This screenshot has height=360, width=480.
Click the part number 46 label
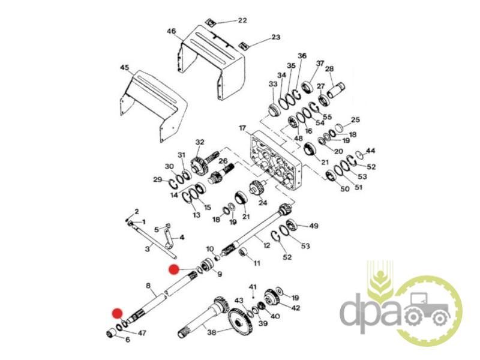[x=172, y=31]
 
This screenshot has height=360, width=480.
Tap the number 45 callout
[x=125, y=68]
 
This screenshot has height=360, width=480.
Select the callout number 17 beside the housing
[x=242, y=128]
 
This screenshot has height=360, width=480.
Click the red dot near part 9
[x=174, y=269]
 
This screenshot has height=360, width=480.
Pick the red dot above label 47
[x=117, y=313]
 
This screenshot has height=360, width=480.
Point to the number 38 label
[x=212, y=332]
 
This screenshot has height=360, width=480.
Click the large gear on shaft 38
[x=241, y=321]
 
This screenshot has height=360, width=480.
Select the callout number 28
[x=329, y=69]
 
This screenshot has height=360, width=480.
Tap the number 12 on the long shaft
[x=266, y=245]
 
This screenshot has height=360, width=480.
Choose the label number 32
[x=200, y=142]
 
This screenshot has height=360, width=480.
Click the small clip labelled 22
[x=211, y=22]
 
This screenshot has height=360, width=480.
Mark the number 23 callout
[x=275, y=37]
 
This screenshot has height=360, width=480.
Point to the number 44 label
[x=370, y=151]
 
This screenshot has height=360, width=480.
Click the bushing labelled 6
[x=112, y=334]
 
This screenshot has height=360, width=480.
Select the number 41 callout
[x=253, y=287]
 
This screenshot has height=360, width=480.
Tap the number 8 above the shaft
[x=148, y=286]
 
